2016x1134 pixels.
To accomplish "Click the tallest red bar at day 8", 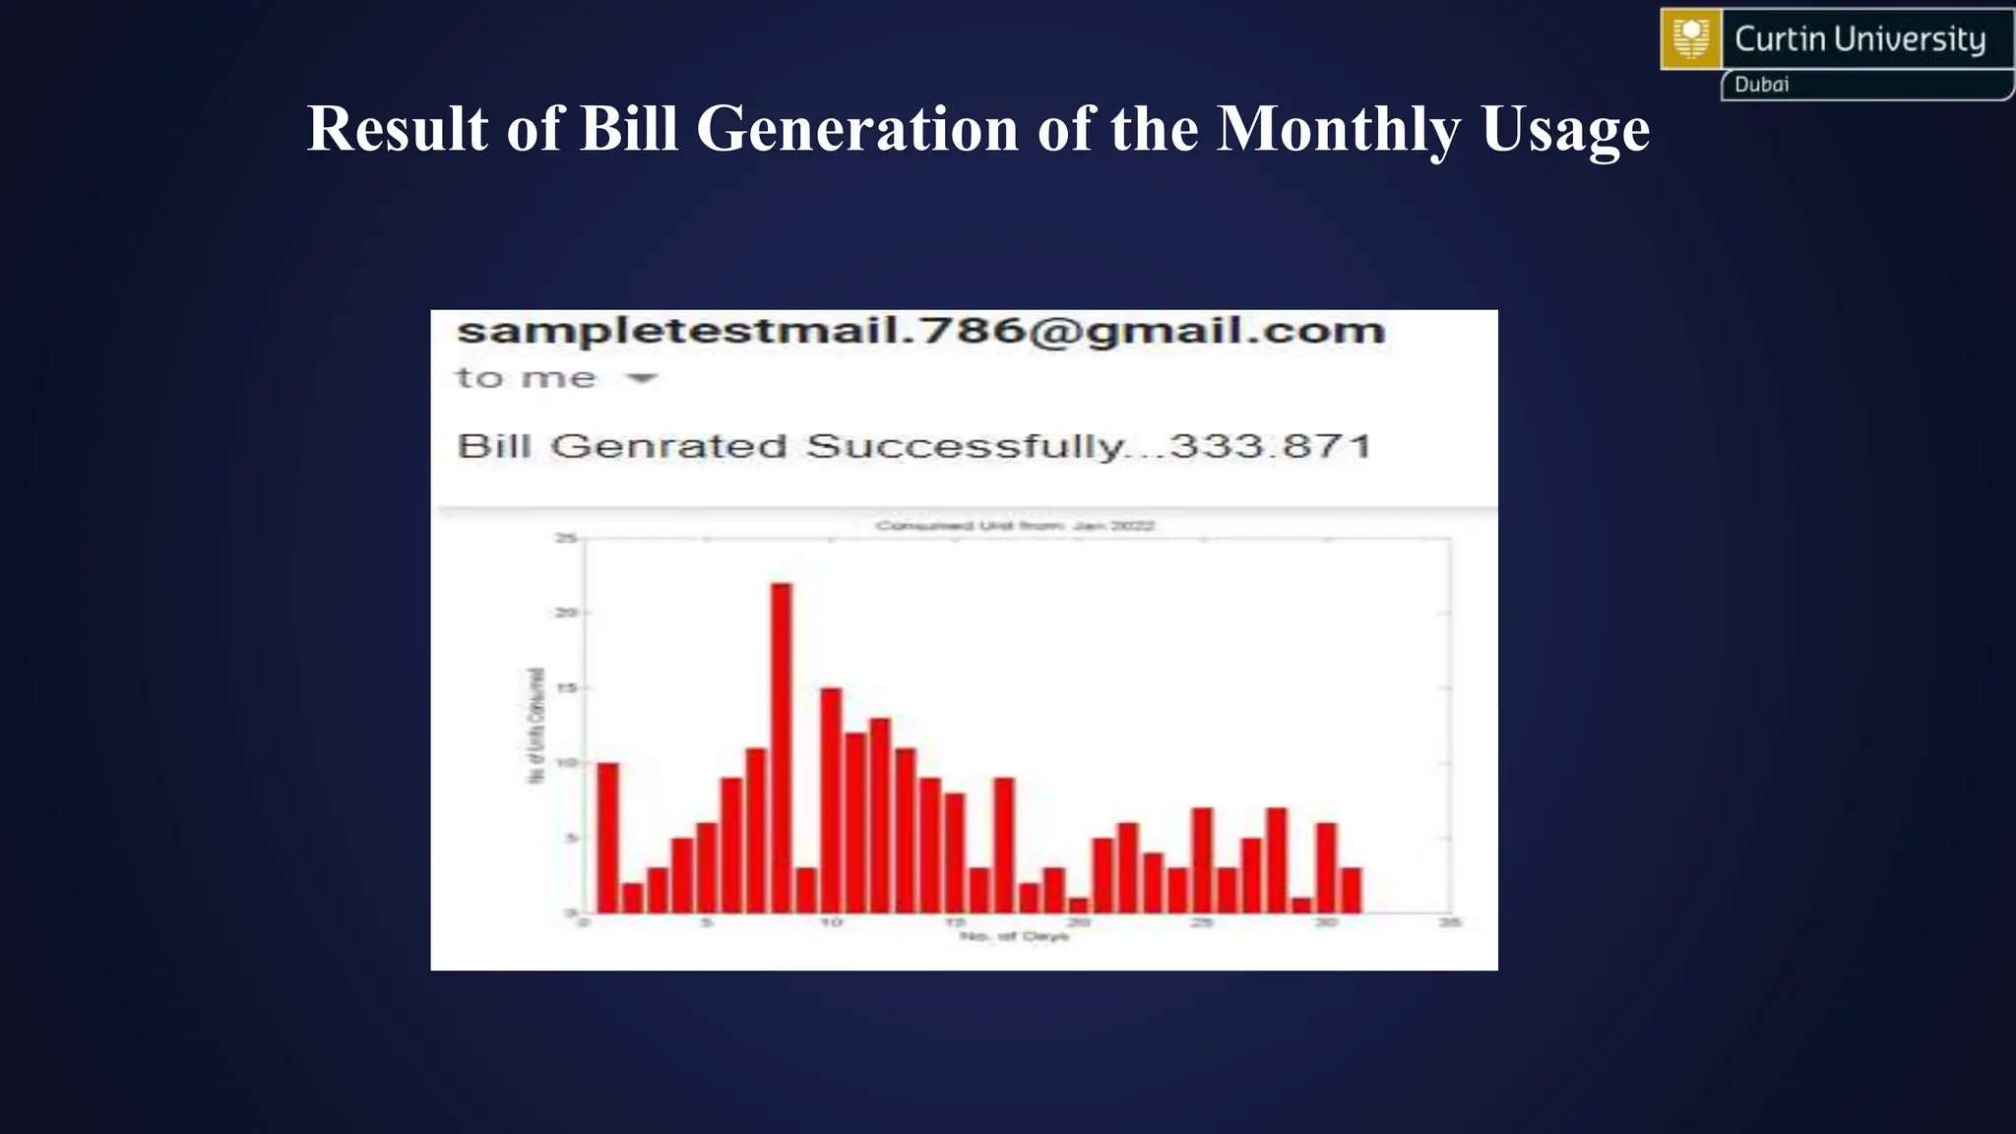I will coord(781,748).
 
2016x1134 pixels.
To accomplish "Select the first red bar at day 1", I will coord(608,838).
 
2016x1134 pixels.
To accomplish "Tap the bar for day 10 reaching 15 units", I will coord(831,800).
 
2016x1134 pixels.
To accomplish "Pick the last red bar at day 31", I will coord(1352,890).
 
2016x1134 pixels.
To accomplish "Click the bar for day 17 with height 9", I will coord(1004,845).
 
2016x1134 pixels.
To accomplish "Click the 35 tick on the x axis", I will coord(1450,922).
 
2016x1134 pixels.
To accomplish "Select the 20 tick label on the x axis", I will coord(1079,922).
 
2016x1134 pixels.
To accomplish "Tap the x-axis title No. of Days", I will coord(1014,936).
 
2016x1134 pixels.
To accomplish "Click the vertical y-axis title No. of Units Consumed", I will coord(536,725).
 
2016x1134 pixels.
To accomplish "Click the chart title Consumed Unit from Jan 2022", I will coord(1014,526).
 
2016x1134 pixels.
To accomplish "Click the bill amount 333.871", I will coord(1271,447).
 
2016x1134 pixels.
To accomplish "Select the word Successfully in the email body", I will coord(965,447).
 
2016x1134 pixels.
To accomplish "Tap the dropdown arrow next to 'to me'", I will coord(642,378).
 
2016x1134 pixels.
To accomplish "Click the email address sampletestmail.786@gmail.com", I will coord(920,331).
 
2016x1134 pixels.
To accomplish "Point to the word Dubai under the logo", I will coord(1761,85).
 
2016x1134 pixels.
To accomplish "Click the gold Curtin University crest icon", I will coord(1691,39).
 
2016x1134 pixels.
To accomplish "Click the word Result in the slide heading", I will coord(397,129).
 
